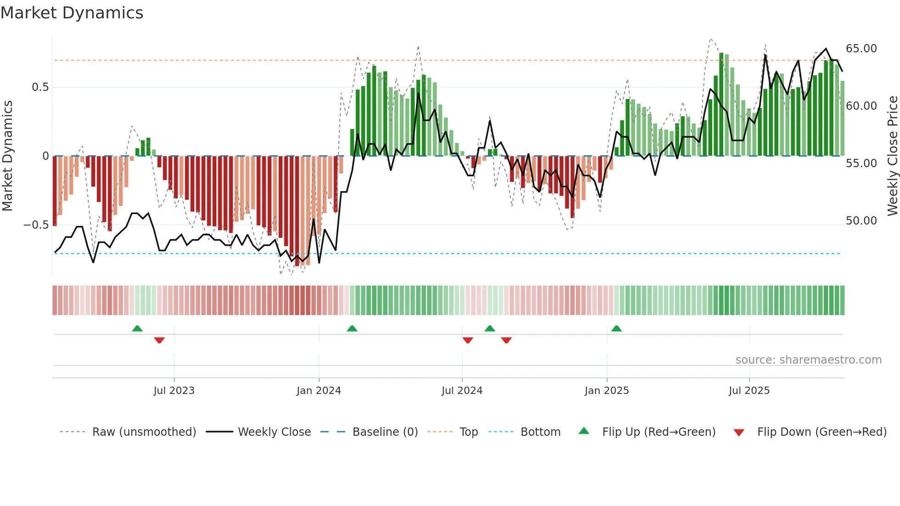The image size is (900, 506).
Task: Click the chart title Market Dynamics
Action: (x=72, y=13)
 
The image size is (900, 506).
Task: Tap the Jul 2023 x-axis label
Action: (x=174, y=390)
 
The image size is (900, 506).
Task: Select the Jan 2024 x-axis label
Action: (x=319, y=390)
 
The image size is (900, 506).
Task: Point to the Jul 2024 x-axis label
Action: (x=462, y=390)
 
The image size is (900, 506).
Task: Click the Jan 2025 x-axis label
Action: (x=607, y=390)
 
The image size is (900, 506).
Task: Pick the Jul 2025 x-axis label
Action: (x=749, y=390)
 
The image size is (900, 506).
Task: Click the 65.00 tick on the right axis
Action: (x=861, y=49)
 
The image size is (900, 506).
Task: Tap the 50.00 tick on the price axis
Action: (x=861, y=221)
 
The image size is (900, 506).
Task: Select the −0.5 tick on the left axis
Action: (x=36, y=225)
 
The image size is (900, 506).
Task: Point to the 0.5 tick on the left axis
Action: (x=40, y=87)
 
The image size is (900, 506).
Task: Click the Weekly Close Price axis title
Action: (x=892, y=156)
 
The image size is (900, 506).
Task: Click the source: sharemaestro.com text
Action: (x=808, y=360)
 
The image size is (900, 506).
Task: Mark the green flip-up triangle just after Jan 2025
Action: (x=617, y=328)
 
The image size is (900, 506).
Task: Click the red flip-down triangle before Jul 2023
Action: (x=159, y=340)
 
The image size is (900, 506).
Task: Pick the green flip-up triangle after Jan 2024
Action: (x=352, y=328)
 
